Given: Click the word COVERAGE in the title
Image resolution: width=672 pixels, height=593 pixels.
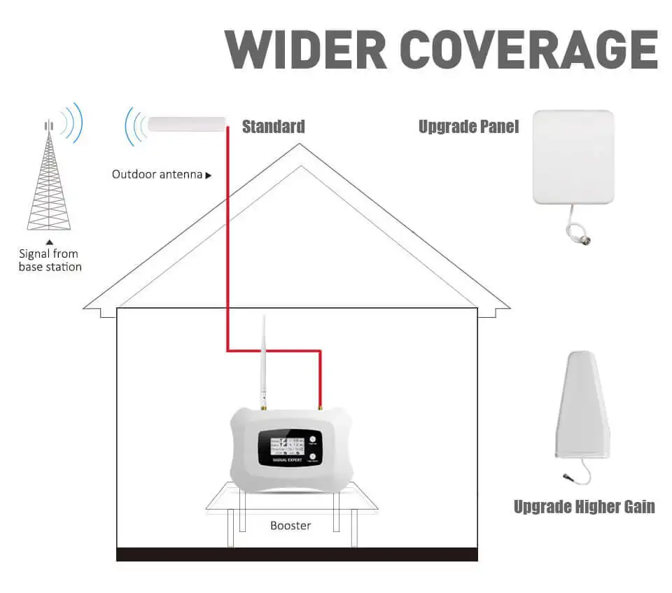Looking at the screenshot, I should coord(529,48).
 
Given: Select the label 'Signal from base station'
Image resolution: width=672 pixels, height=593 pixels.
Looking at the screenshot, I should coord(50,260).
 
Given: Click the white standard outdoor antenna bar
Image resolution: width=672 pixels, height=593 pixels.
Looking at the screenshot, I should coord(188,125).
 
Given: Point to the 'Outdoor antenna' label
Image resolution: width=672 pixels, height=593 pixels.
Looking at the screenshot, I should coord(157,174).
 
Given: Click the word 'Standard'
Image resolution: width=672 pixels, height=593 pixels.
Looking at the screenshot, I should coord(273,127).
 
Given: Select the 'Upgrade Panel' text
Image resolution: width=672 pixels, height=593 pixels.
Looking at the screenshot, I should coord(468,127).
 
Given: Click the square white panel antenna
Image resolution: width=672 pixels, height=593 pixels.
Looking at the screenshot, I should coord(573,157).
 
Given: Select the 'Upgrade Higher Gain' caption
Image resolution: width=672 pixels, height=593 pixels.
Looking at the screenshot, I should coord(584,507).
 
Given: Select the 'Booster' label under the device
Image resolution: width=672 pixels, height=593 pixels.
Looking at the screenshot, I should coord(290,525).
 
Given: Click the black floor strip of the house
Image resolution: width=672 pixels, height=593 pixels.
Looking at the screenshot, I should coord(297,554).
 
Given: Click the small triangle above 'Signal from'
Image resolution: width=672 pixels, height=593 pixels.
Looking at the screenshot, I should coord(49,242).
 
